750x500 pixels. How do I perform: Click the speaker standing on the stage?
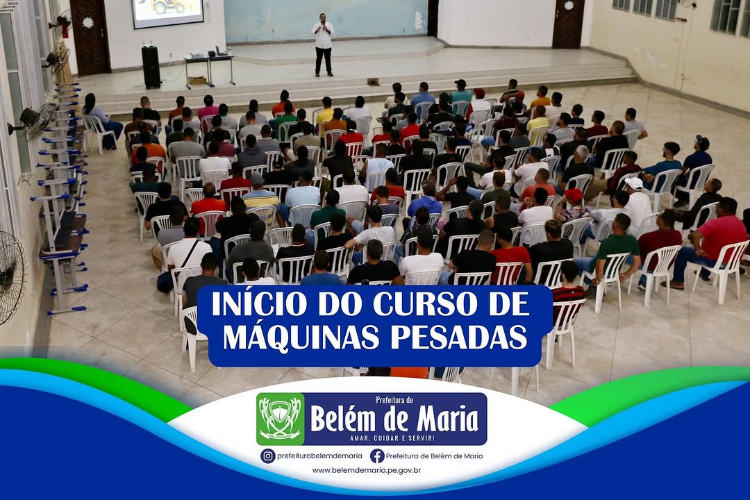tap(323, 44)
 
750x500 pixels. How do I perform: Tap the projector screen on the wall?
tap(168, 12)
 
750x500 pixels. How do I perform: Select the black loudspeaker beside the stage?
tap(151, 67)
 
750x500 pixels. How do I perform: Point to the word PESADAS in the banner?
tap(459, 337)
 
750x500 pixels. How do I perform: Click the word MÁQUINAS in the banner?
tap(302, 337)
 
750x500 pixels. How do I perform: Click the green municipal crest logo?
tap(281, 419)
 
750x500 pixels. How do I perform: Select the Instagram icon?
tap(268, 456)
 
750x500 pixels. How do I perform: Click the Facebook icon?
tap(377, 456)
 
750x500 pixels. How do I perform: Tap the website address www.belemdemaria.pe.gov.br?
tap(367, 470)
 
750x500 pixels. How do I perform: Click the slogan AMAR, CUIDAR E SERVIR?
tap(392, 437)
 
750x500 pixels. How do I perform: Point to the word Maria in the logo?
tap(448, 419)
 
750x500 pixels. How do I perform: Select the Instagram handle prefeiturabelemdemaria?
tap(319, 456)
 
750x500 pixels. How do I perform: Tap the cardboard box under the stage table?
tap(197, 81)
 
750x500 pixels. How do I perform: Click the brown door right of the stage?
tap(568, 24)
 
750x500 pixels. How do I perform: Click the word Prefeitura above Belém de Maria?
tap(394, 399)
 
